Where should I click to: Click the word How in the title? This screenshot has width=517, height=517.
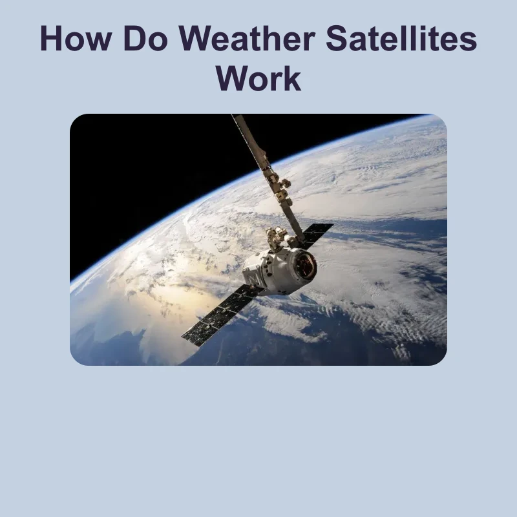76,38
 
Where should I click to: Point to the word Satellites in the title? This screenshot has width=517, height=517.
401,38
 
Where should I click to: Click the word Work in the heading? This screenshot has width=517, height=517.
258,78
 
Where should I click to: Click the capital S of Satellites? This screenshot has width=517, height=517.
337,38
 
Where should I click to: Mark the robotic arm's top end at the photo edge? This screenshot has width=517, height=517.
237,116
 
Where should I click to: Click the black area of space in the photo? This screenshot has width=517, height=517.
149,171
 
